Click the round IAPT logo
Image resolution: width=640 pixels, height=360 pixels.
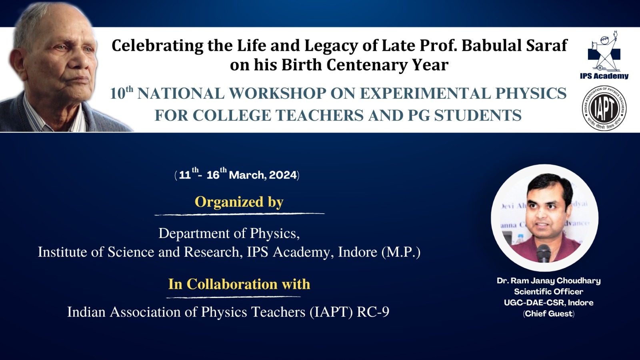(x=604, y=108)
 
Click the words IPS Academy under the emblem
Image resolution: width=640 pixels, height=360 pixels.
(x=604, y=76)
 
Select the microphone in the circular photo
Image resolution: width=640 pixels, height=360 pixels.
(x=544, y=253)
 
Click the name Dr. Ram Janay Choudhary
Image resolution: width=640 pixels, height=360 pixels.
(x=548, y=281)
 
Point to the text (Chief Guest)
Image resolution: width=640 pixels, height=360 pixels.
(x=548, y=314)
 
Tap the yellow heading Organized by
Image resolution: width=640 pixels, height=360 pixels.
(x=239, y=202)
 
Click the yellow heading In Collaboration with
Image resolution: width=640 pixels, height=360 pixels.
(x=239, y=284)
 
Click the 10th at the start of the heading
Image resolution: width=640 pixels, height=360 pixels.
(x=122, y=93)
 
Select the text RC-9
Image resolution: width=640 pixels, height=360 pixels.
(x=373, y=312)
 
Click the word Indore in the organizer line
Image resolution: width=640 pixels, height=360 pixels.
(x=358, y=252)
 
